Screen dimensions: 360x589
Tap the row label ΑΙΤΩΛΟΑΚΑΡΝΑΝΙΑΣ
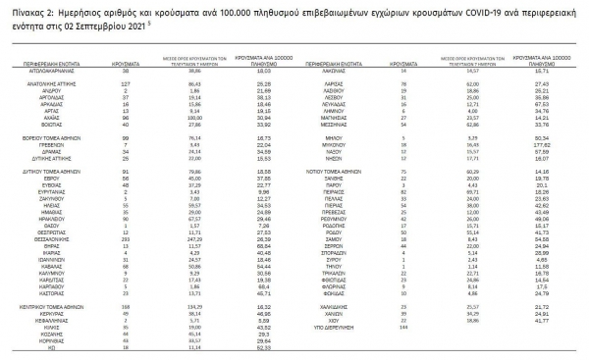(x=43, y=72)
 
